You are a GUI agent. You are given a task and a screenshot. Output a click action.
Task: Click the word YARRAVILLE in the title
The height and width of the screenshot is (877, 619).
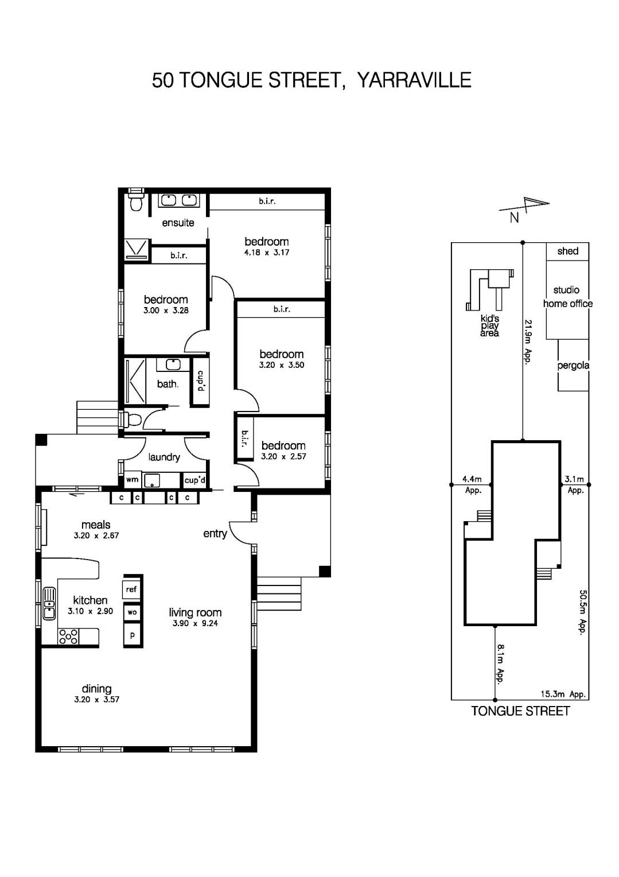tap(414, 80)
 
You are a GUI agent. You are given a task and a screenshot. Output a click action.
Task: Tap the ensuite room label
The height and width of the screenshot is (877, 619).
tap(178, 223)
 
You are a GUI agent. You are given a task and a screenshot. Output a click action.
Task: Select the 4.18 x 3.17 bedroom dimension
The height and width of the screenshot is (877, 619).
tap(266, 253)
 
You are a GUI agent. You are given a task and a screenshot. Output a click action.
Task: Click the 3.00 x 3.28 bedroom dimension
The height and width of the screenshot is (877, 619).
tap(166, 311)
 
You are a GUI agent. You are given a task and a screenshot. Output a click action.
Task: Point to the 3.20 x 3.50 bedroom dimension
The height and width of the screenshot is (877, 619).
tap(281, 365)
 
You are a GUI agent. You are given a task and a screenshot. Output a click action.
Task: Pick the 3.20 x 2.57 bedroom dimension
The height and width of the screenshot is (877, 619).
tap(283, 457)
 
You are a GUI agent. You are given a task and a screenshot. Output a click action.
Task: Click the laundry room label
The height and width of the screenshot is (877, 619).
tap(164, 457)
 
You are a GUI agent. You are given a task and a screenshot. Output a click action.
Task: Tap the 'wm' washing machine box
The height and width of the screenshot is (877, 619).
tap(133, 480)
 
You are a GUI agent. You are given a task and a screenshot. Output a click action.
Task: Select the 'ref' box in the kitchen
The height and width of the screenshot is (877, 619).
tap(132, 589)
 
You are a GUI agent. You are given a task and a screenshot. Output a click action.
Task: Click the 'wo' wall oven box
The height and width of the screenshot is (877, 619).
tap(132, 612)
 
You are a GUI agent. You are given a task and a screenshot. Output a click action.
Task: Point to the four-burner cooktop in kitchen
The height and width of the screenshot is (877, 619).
tap(69, 637)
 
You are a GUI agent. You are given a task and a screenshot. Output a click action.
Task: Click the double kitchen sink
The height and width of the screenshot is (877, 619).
tap(49, 603)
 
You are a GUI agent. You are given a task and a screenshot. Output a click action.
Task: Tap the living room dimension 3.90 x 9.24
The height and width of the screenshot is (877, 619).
tap(195, 623)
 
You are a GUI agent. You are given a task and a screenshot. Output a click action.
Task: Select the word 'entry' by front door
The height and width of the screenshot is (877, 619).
tap(215, 534)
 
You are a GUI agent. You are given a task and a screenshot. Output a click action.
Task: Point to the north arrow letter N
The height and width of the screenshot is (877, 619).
tap(514, 218)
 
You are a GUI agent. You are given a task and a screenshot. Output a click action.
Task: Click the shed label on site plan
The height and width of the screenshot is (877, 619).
tap(567, 251)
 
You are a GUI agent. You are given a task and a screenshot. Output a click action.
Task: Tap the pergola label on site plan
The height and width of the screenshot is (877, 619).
tap(573, 366)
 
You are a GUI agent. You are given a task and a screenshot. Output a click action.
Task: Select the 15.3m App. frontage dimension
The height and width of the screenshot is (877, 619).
tap(563, 694)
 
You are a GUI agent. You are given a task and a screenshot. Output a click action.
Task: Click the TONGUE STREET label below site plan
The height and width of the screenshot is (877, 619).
tap(520, 711)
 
